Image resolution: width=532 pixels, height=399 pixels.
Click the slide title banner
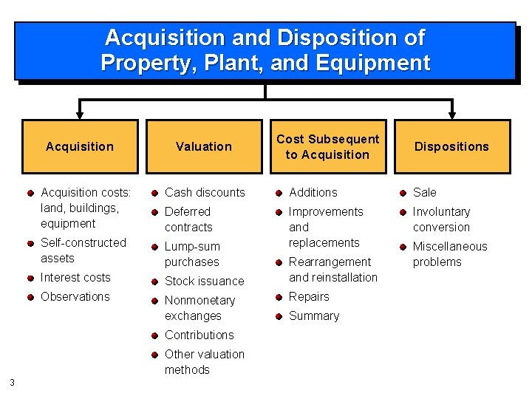(265, 50)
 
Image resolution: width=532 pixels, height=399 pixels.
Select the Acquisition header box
(80, 146)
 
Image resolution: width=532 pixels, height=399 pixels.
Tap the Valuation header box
(204, 146)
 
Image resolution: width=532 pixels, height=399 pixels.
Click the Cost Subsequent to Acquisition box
(327, 146)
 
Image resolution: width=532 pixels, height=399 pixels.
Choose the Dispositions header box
(451, 146)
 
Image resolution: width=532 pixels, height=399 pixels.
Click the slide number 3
(13, 382)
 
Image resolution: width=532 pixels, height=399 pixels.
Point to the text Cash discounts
(205, 192)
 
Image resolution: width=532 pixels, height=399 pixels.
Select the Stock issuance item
(204, 281)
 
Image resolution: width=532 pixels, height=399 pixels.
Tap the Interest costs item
(75, 277)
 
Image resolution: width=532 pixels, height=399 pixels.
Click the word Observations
(75, 296)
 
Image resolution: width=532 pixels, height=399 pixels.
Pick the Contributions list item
(199, 335)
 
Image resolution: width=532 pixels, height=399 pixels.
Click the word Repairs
(309, 296)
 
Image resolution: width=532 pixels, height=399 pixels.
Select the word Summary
(314, 316)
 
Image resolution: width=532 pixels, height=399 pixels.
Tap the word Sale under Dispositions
(424, 192)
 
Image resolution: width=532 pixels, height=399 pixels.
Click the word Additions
(313, 192)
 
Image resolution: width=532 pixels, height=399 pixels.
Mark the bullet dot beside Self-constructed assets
(30, 243)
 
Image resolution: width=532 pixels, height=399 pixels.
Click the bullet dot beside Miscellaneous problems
(403, 247)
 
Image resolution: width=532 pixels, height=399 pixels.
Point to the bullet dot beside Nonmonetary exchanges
(154, 301)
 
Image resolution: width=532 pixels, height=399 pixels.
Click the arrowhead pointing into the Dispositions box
(451, 115)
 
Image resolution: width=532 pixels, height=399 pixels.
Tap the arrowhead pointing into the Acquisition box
(80, 115)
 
